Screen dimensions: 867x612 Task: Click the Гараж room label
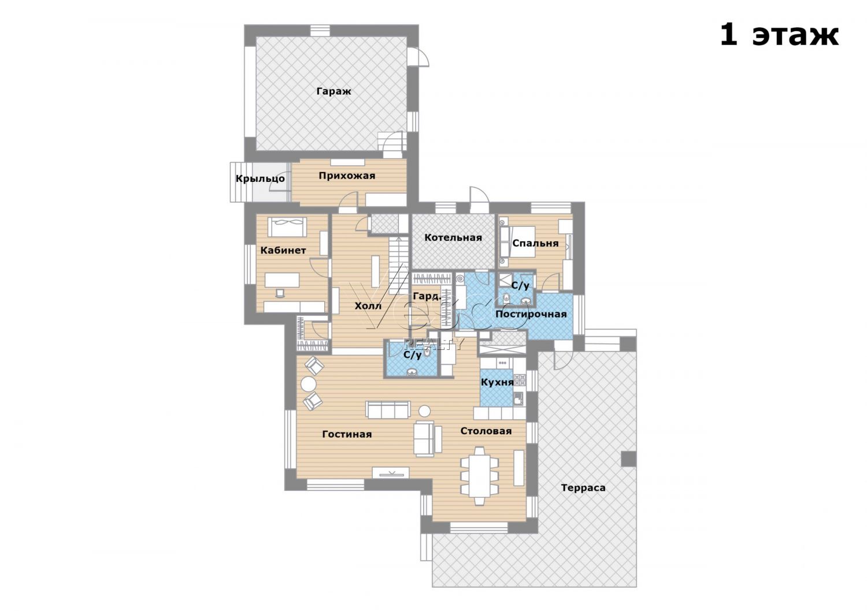click(x=334, y=92)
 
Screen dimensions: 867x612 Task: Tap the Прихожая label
click(x=347, y=176)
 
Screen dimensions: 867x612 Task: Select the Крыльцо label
click(x=260, y=178)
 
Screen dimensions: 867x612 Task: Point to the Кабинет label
click(x=283, y=251)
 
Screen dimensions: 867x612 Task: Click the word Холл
click(x=368, y=306)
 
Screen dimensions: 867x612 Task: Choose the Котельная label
click(x=453, y=237)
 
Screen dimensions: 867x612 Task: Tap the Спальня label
click(x=535, y=243)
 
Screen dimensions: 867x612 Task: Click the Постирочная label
click(x=531, y=314)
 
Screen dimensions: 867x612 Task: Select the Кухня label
click(x=497, y=382)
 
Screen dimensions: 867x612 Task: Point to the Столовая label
click(x=486, y=431)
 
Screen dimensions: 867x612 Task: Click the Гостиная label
click(x=347, y=435)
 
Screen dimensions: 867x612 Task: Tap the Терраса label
click(x=583, y=488)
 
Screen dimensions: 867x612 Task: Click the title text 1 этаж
click(x=779, y=36)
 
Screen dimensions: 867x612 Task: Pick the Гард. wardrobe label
click(x=427, y=297)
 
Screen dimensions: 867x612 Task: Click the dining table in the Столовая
click(x=479, y=476)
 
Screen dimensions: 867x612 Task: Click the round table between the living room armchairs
click(x=309, y=385)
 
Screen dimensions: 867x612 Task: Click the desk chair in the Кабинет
click(x=279, y=293)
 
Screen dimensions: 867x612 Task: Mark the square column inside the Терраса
click(x=629, y=459)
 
